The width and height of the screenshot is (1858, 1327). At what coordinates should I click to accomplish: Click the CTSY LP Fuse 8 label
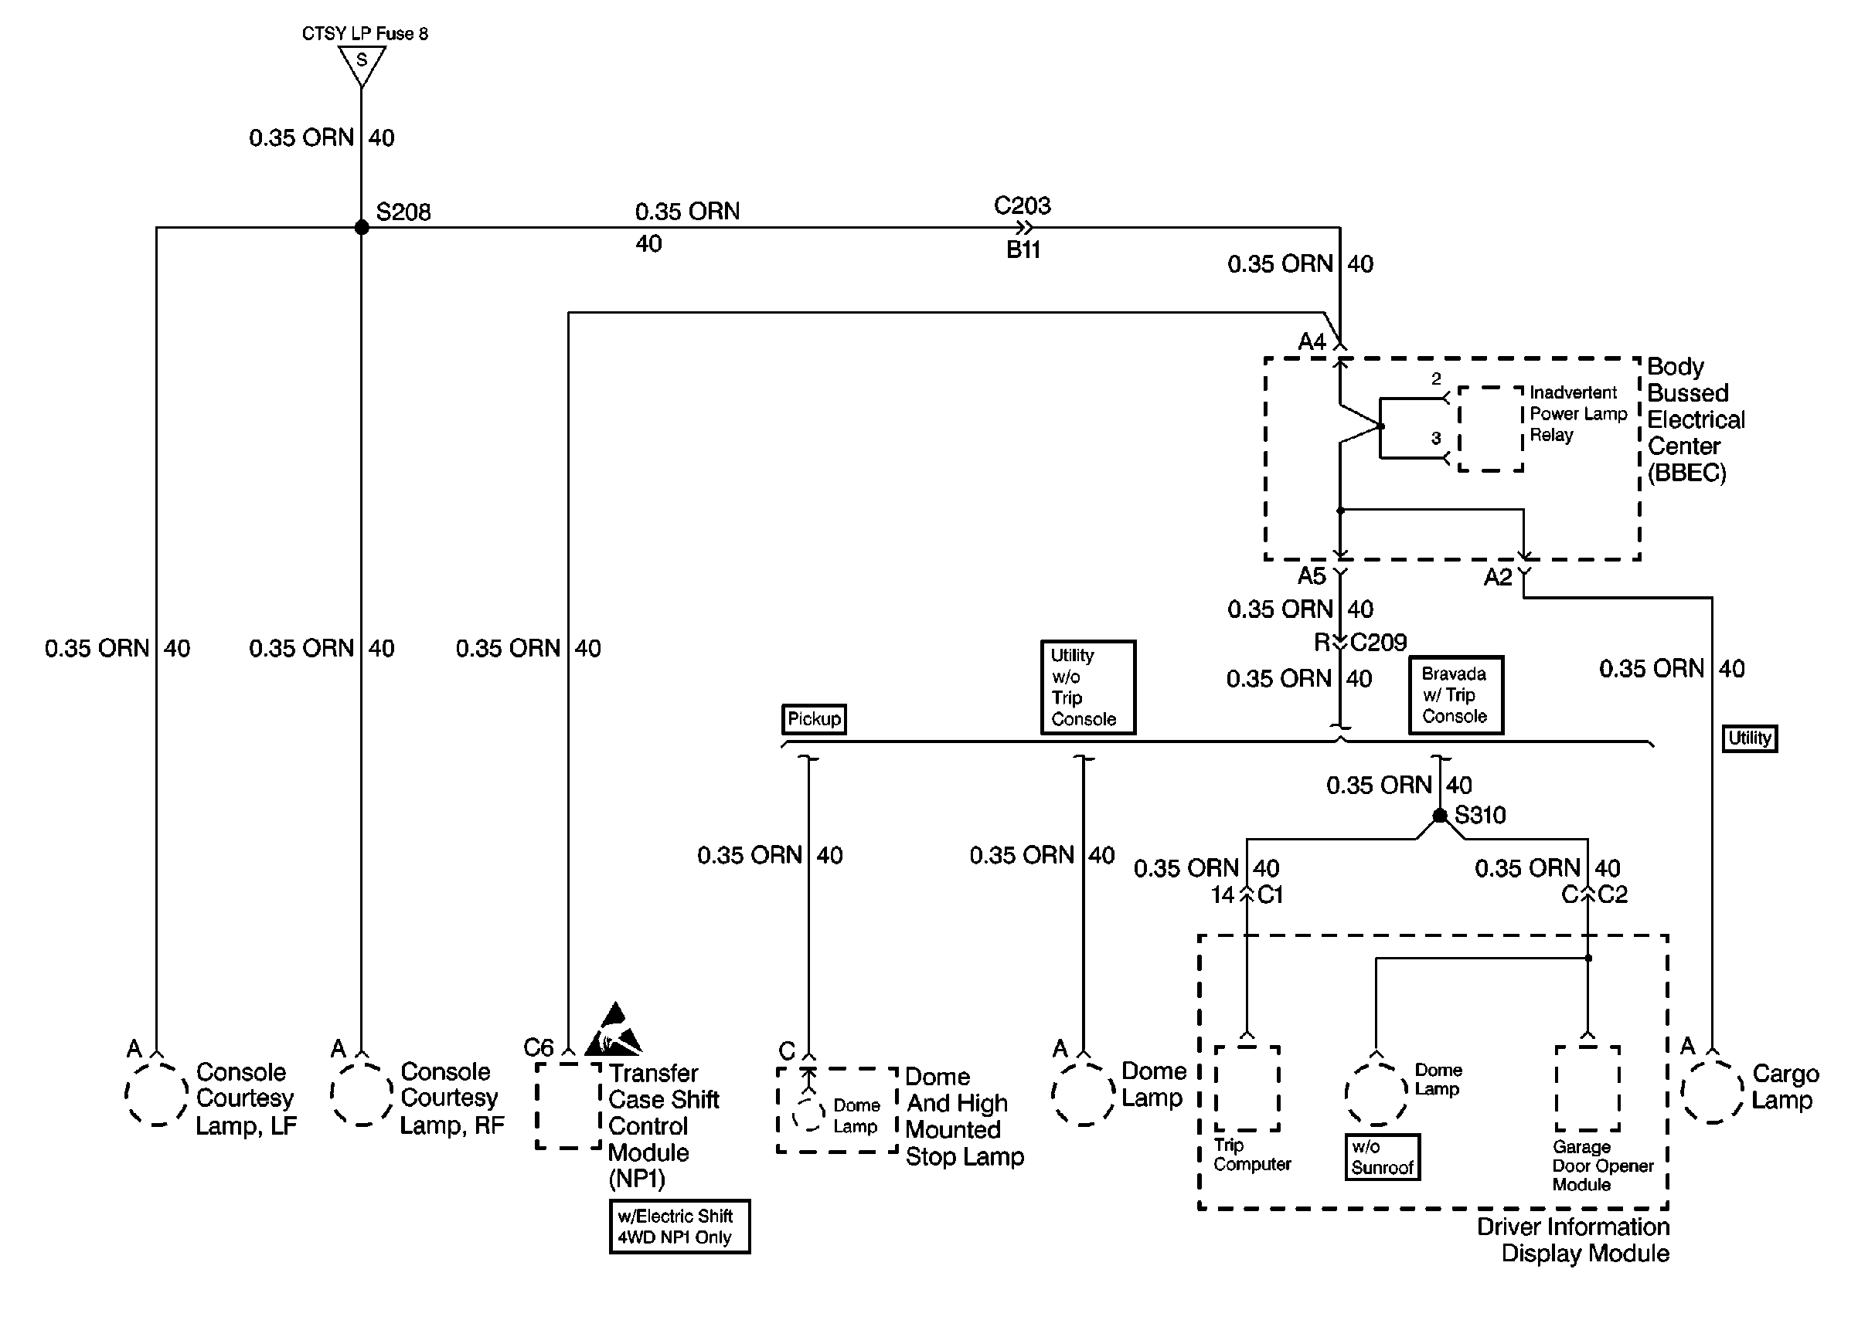365,33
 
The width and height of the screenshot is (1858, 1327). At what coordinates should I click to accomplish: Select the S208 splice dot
361,227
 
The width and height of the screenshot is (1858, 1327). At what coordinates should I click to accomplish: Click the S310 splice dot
1439,816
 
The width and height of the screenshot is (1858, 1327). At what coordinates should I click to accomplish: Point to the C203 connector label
1022,205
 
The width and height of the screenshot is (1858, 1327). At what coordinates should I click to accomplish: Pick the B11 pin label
1023,250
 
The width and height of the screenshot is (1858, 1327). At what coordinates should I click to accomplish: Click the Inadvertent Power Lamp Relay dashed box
1490,429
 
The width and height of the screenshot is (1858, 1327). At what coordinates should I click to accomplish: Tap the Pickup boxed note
813,719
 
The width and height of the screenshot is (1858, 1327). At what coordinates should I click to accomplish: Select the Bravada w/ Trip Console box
1455,695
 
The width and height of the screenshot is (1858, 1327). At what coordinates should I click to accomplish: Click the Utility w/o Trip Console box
1087,687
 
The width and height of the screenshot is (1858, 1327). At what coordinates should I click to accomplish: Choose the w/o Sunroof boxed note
1382,1157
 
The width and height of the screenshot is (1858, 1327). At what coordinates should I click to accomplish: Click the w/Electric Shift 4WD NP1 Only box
679,1227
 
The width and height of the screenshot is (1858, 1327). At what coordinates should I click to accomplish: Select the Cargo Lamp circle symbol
1712,1092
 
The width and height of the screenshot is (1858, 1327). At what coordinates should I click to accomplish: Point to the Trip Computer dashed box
1247,1088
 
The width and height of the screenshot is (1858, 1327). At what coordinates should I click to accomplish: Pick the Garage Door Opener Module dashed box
1587,1088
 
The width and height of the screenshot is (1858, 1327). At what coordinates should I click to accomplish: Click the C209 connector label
1378,643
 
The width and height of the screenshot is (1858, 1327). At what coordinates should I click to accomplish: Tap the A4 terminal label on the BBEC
1312,341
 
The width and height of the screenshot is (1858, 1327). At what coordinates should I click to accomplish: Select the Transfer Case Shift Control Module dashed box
568,1105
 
